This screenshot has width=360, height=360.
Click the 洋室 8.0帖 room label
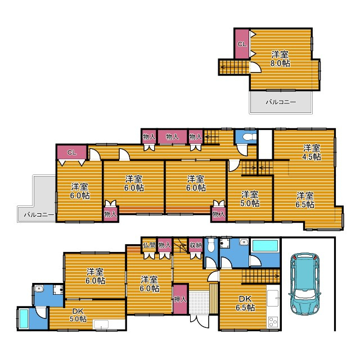click(x=280, y=58)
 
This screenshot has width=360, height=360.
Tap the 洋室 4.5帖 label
click(x=312, y=152)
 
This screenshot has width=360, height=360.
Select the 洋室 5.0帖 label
click(x=250, y=199)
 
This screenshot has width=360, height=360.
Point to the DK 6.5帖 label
click(x=245, y=303)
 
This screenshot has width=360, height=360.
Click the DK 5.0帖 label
click(x=78, y=315)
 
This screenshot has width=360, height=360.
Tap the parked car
click(x=305, y=283)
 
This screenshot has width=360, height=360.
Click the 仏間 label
click(x=149, y=245)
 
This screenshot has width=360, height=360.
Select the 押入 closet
click(x=180, y=299)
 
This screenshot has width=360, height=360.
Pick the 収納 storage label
click(x=196, y=245)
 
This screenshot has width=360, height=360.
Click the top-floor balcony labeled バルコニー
click(x=281, y=102)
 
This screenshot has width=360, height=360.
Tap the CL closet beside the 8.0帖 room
click(x=242, y=44)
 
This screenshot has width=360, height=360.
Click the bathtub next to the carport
click(x=265, y=246)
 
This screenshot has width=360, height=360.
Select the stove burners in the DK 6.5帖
click(x=273, y=322)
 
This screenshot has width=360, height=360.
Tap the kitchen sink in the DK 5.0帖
click(x=101, y=325)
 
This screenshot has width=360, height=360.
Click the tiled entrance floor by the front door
click(x=199, y=303)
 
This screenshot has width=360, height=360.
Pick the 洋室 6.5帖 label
click(x=305, y=200)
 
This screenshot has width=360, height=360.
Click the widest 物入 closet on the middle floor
click(x=172, y=137)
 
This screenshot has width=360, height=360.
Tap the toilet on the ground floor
click(x=210, y=245)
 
